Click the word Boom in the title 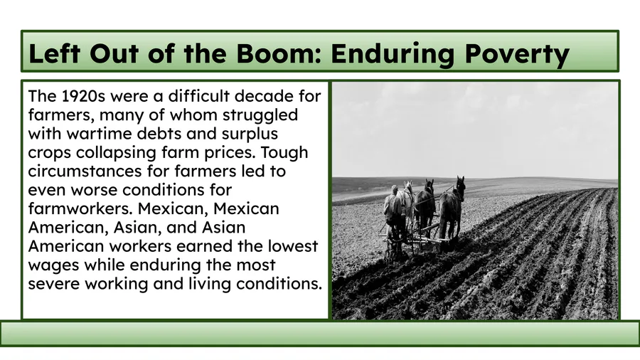(x=278, y=53)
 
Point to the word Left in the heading (x=54, y=53)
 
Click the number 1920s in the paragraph (x=83, y=96)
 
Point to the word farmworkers (x=81, y=209)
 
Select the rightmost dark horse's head (x=460, y=186)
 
